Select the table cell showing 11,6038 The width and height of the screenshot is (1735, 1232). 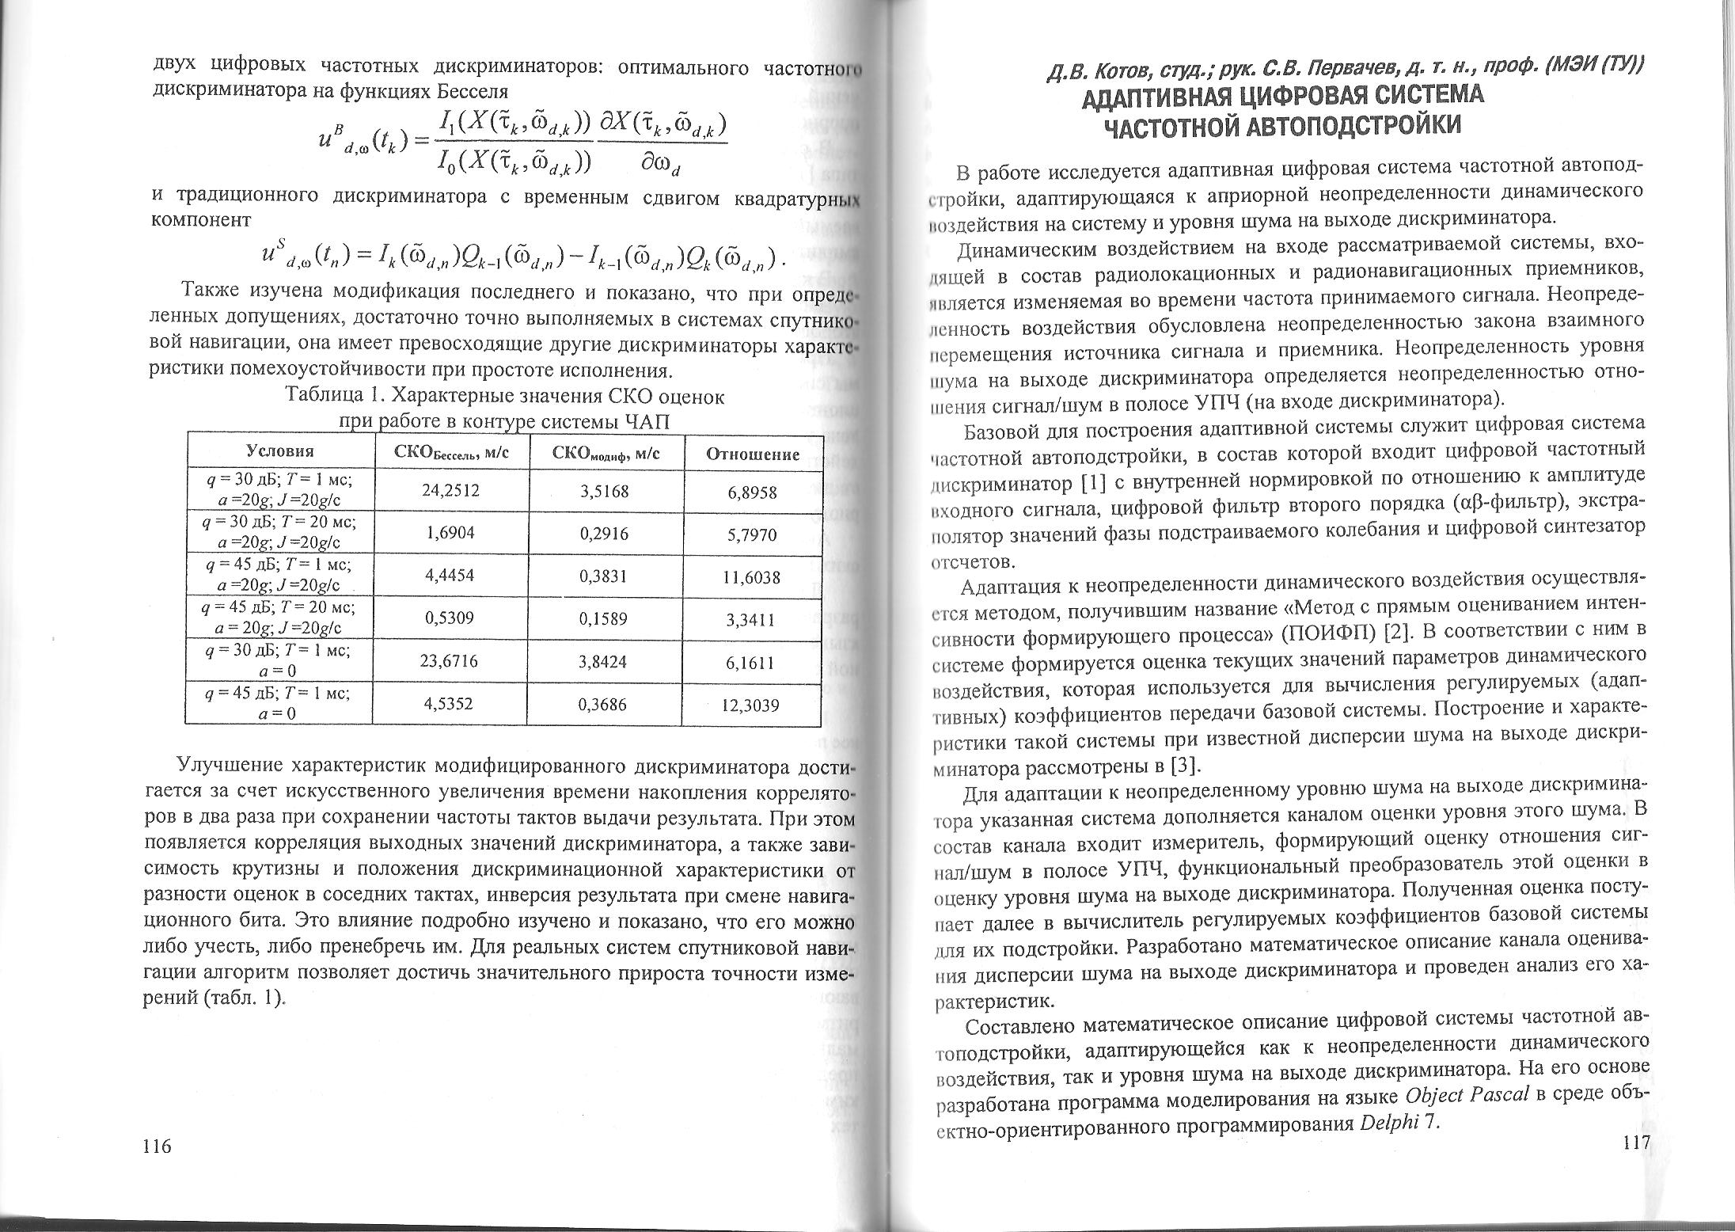(752, 577)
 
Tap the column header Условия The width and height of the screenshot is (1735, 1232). (280, 451)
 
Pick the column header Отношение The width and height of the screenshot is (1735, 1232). (752, 454)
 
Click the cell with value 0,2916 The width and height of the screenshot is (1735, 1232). (604, 534)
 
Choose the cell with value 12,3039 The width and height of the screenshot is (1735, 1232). (752, 704)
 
